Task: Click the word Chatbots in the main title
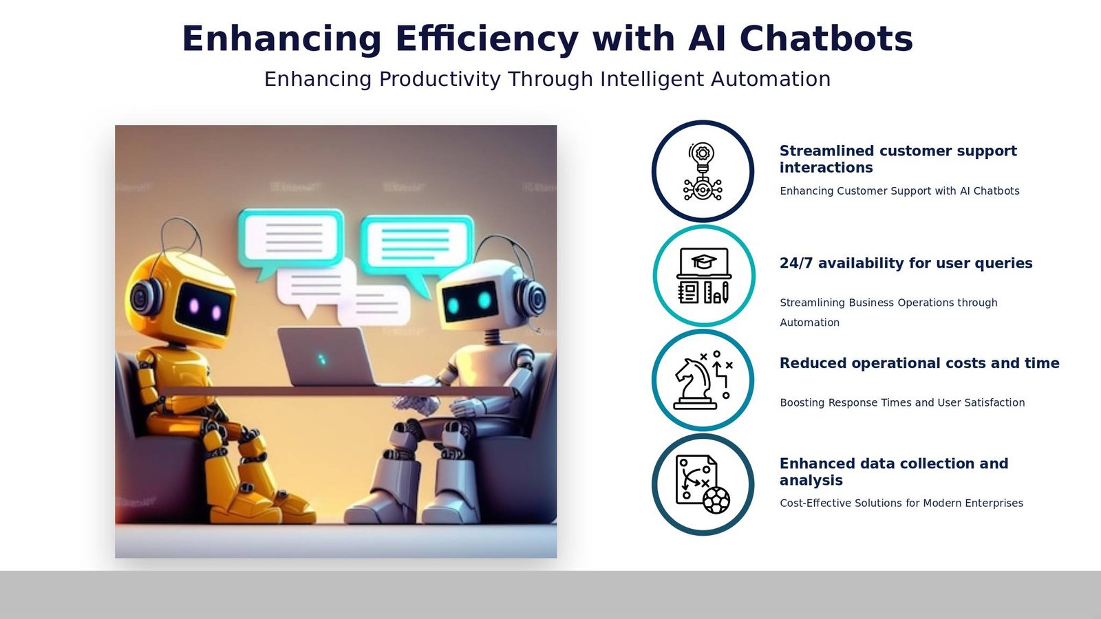click(826, 39)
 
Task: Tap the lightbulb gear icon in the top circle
click(703, 171)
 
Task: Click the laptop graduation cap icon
click(703, 276)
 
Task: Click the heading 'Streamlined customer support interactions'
click(897, 159)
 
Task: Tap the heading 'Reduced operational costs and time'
click(919, 363)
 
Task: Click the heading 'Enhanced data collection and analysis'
click(893, 472)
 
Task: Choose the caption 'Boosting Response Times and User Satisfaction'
click(901, 402)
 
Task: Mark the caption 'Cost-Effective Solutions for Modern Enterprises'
click(901, 503)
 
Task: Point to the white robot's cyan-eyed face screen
click(470, 301)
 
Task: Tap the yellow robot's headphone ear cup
click(144, 298)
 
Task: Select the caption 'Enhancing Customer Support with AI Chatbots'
click(899, 191)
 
